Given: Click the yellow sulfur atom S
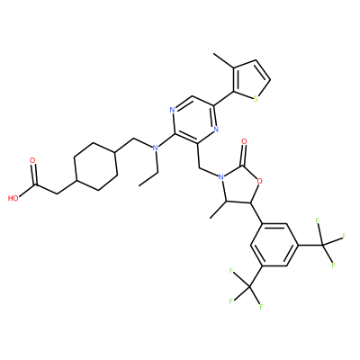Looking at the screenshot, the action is pyautogui.click(x=256, y=99).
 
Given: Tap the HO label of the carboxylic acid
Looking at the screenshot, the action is pyautogui.click(x=13, y=198).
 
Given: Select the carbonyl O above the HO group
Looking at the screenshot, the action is pyautogui.click(x=32, y=160).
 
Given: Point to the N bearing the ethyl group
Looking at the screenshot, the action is pyautogui.click(x=155, y=148).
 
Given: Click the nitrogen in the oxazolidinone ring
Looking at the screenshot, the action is pyautogui.click(x=221, y=177).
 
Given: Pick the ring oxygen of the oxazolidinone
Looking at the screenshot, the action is pyautogui.click(x=260, y=181).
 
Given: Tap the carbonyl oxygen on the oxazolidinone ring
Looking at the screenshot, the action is pyautogui.click(x=244, y=141).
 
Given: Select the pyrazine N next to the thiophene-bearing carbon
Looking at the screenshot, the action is pyautogui.click(x=216, y=130).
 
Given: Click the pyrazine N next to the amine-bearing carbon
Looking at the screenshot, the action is pyautogui.click(x=172, y=110).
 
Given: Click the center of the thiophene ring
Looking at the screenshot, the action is pyautogui.click(x=250, y=79).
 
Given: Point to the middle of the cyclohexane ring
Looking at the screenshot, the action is pyautogui.click(x=95, y=166).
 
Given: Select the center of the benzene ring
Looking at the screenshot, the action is pyautogui.click(x=274, y=245).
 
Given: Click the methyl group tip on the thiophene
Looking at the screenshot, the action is pyautogui.click(x=213, y=54).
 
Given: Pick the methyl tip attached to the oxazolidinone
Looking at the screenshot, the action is pyautogui.click(x=211, y=218).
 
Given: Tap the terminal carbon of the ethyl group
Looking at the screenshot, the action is pyautogui.click(x=139, y=185).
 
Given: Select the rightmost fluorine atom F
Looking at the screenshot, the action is pyautogui.click(x=344, y=236).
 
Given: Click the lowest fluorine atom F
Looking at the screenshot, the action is pyautogui.click(x=261, y=306).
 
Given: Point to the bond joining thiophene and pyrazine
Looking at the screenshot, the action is pyautogui.click(x=223, y=99).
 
